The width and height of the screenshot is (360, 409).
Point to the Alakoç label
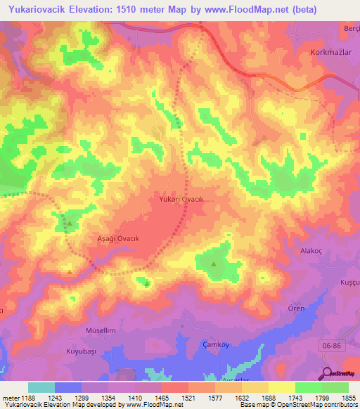[310, 250]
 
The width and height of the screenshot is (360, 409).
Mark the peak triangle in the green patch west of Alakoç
[214, 264]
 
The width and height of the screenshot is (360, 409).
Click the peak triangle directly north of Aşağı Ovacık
[70, 224]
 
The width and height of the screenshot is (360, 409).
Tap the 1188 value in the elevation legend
[27, 398]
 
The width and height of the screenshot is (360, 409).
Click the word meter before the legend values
[9, 398]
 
